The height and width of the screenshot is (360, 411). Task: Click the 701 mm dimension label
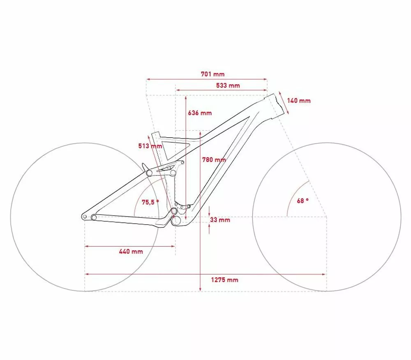pos(212,74)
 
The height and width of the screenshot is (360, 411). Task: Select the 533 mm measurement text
pos(228,85)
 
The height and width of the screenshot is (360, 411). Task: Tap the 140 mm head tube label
pos(298,101)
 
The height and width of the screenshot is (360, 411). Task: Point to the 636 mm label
pos(200,113)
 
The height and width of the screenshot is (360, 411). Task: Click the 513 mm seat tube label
pos(150,146)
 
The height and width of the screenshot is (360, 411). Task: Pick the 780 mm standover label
pos(214,159)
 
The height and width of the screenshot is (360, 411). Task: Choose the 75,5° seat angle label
pos(150,202)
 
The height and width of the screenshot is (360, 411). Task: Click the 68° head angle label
pos(303,201)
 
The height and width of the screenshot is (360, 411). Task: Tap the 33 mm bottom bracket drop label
pos(220,220)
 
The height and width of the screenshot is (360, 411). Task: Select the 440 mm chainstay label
pos(131,252)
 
